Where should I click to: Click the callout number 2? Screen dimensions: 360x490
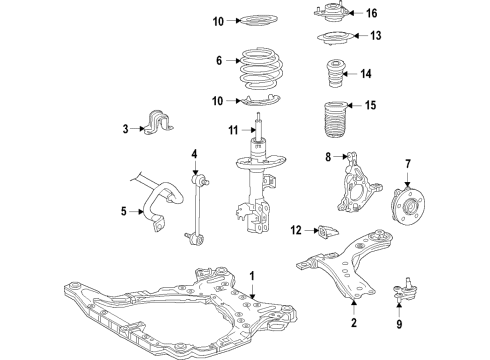click(x=353, y=324)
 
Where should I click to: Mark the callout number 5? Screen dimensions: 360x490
click(x=123, y=211)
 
